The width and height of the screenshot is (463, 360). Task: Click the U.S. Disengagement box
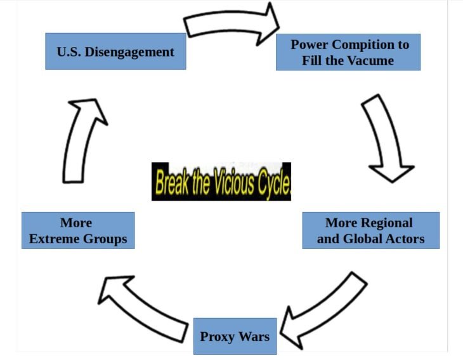click(x=115, y=51)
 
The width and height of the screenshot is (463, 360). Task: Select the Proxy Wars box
click(x=235, y=337)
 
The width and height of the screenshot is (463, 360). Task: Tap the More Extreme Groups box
click(x=78, y=230)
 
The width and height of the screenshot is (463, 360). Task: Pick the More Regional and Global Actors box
click(x=371, y=230)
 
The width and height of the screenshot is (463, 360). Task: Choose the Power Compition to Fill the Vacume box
click(x=348, y=52)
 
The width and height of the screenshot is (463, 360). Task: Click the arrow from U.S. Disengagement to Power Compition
click(x=230, y=23)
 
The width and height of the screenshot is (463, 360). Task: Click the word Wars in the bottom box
click(x=254, y=337)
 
